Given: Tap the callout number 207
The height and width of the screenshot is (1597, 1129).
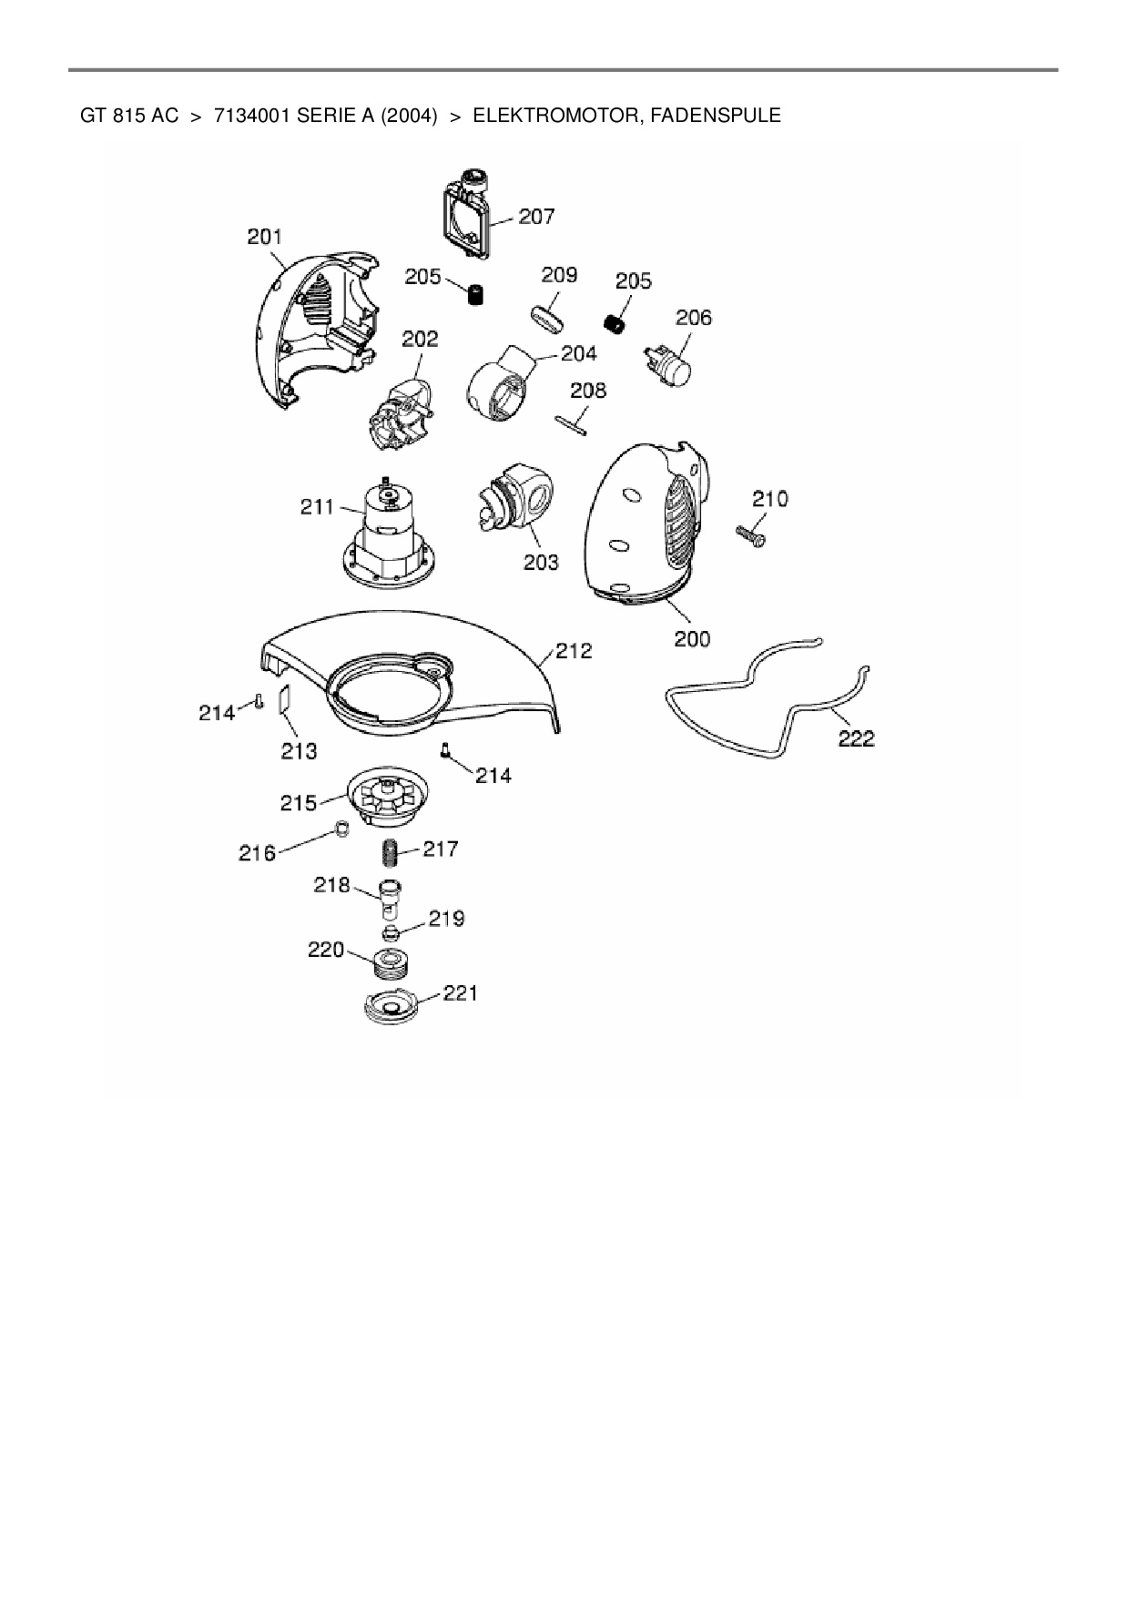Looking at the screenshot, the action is [536, 217].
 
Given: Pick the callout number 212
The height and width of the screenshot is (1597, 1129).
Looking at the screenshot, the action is [574, 651].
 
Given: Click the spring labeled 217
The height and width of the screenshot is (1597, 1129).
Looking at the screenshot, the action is [391, 853].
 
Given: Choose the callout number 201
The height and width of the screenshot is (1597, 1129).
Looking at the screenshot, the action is [264, 238].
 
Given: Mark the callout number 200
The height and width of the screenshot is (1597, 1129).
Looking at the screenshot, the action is [692, 639].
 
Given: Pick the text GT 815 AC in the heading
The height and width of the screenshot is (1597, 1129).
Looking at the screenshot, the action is [129, 116].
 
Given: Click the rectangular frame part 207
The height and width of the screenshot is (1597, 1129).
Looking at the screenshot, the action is [468, 214].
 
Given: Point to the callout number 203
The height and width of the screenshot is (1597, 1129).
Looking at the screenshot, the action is [541, 563].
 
